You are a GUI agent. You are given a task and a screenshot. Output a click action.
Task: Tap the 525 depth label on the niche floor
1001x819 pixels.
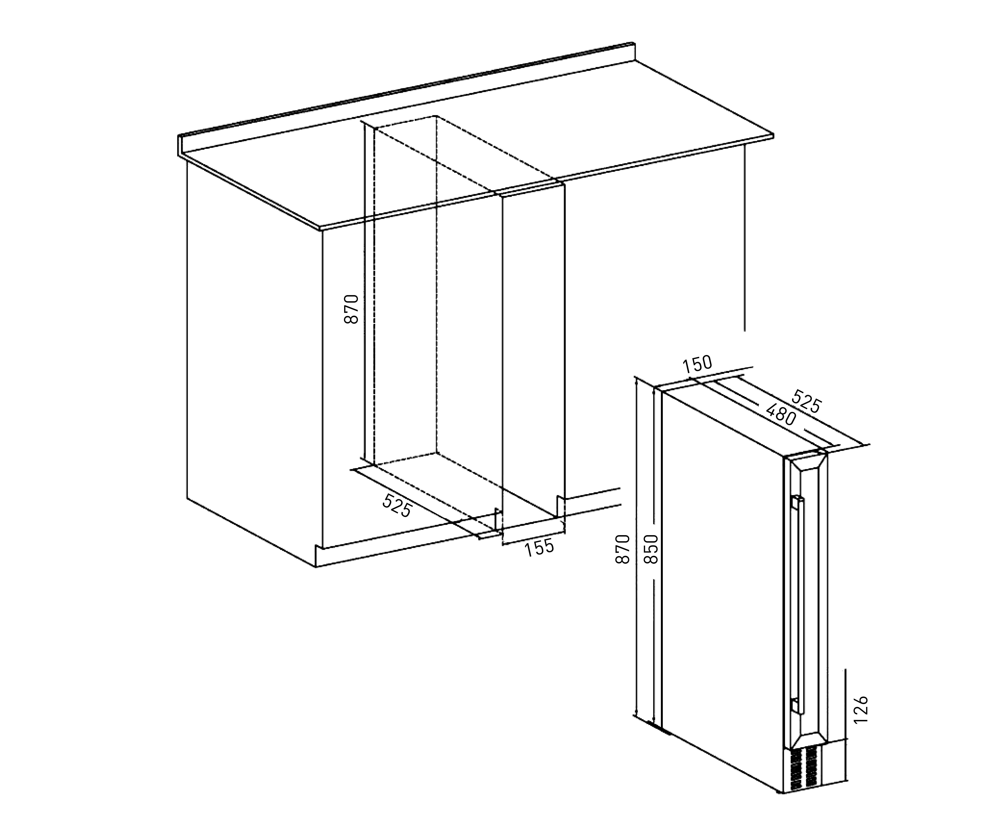coord(397,505)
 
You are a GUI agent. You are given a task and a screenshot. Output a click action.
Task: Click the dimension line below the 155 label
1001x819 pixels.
coord(534,540)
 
